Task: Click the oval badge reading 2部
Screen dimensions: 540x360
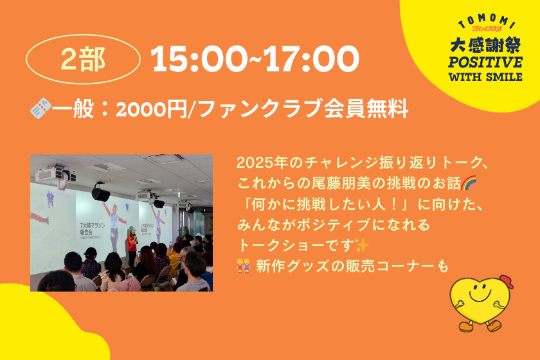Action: (x=84, y=59)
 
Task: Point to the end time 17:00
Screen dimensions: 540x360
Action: (x=312, y=59)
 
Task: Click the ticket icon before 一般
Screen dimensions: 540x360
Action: (x=40, y=108)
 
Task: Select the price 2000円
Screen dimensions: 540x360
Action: (x=151, y=109)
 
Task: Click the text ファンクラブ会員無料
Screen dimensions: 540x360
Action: (x=303, y=109)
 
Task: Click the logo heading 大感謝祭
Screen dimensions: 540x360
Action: (x=485, y=45)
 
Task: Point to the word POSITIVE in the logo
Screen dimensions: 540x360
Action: (x=485, y=62)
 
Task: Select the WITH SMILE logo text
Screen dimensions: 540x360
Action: (x=485, y=77)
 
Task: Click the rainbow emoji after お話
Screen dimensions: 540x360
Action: (x=469, y=183)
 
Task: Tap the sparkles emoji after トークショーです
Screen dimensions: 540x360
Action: (x=361, y=246)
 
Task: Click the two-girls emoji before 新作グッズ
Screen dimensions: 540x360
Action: (x=243, y=265)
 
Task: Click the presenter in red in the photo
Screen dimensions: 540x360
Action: (x=132, y=246)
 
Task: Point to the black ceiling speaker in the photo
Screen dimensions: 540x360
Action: (x=100, y=194)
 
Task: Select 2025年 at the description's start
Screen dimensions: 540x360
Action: (x=262, y=163)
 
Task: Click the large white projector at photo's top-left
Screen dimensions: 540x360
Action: (x=55, y=174)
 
